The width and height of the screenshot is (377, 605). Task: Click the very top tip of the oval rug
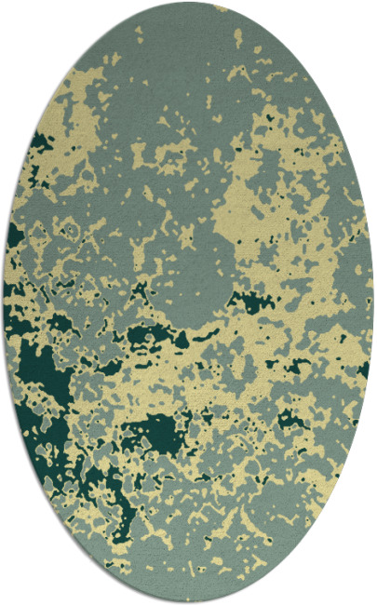click(189, 3)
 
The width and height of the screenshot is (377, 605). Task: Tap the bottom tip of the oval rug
click(189, 602)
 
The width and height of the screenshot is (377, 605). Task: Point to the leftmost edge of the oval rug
click(4, 302)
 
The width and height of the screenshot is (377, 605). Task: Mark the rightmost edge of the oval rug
click(373, 302)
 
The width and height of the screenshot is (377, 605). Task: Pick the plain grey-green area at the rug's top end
click(186, 37)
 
